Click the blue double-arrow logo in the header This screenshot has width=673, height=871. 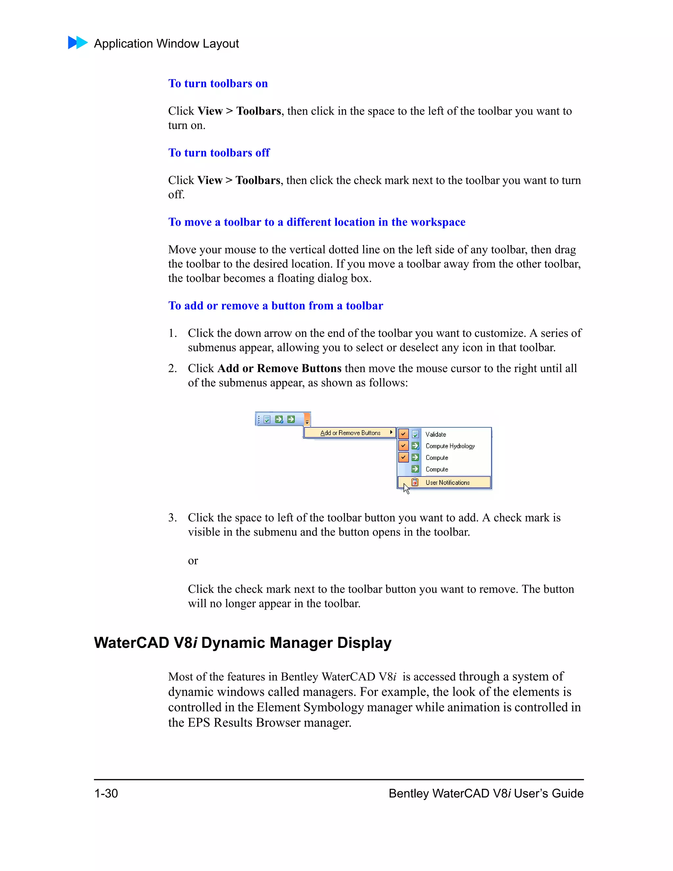(78, 43)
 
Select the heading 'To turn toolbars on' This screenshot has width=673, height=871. (218, 83)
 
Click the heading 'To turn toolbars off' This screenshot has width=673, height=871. (219, 153)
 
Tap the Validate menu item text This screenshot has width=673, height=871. (435, 434)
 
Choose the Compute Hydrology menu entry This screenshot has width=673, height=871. (450, 446)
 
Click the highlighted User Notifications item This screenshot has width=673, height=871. (447, 483)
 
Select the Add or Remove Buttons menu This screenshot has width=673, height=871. (350, 433)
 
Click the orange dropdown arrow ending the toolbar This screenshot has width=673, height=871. (307, 419)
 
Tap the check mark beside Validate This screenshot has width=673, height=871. (404, 434)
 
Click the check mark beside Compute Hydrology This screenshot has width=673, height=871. (404, 445)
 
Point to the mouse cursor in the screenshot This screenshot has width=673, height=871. (406, 488)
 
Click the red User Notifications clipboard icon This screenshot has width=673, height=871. (415, 482)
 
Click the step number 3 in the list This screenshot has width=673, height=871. (172, 518)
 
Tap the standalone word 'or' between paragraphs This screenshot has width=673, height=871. (193, 561)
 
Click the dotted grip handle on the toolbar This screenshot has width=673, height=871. (259, 419)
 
